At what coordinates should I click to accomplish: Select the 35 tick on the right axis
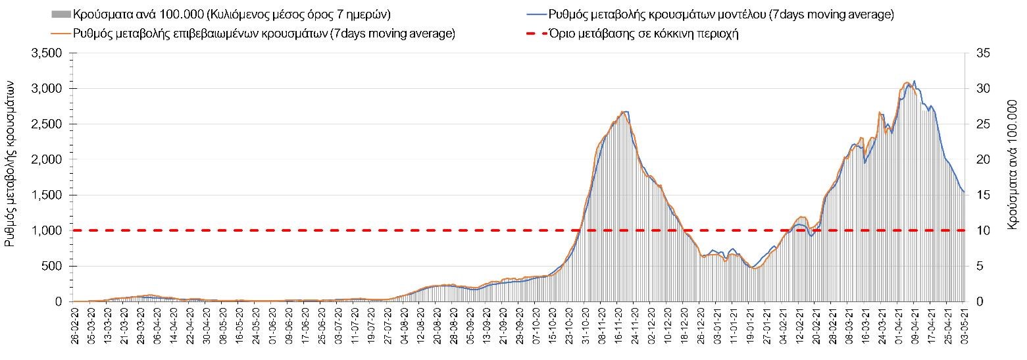tap(979, 53)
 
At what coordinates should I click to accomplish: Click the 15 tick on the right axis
tap(979, 195)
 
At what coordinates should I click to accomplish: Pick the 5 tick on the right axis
tap(977, 267)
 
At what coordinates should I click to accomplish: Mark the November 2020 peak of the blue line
tap(624, 112)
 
